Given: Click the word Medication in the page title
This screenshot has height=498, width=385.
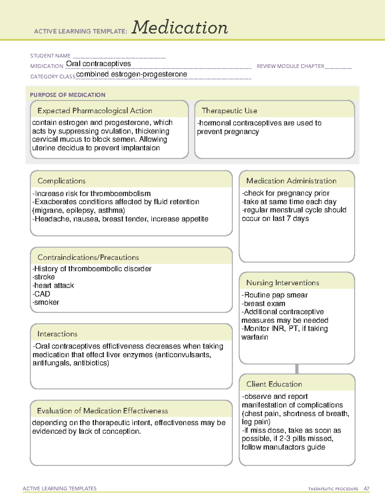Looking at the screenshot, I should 180,28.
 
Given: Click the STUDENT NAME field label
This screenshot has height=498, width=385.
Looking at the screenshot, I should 50,56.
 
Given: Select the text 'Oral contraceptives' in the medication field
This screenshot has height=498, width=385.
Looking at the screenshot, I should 98,64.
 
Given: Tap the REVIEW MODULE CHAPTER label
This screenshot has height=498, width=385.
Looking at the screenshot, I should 290,66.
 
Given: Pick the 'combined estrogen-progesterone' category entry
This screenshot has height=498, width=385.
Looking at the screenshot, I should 132,74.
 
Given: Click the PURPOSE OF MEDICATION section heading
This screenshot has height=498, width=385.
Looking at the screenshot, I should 68,95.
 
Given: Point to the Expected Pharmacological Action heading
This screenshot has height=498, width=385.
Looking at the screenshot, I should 95,111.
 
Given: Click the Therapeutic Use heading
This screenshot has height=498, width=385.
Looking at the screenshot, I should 229,111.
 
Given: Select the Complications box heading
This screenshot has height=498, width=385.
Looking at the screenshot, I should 62,181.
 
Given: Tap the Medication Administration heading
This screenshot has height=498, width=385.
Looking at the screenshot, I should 291,181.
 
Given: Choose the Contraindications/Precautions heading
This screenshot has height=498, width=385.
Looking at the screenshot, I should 88,257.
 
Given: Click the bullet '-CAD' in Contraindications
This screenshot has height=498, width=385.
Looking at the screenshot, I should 41,294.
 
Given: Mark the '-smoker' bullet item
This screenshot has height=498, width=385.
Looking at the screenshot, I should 46,302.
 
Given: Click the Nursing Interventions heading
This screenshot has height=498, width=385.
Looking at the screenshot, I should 283,283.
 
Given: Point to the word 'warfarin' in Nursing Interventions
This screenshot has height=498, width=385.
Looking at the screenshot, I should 255,337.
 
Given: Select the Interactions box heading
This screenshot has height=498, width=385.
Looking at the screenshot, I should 57,334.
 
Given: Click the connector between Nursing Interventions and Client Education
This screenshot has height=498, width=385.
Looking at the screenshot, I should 297,369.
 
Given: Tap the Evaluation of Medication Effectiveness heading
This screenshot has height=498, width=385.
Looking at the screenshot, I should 102,411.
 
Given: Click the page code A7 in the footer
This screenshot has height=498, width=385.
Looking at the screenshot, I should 366,489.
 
